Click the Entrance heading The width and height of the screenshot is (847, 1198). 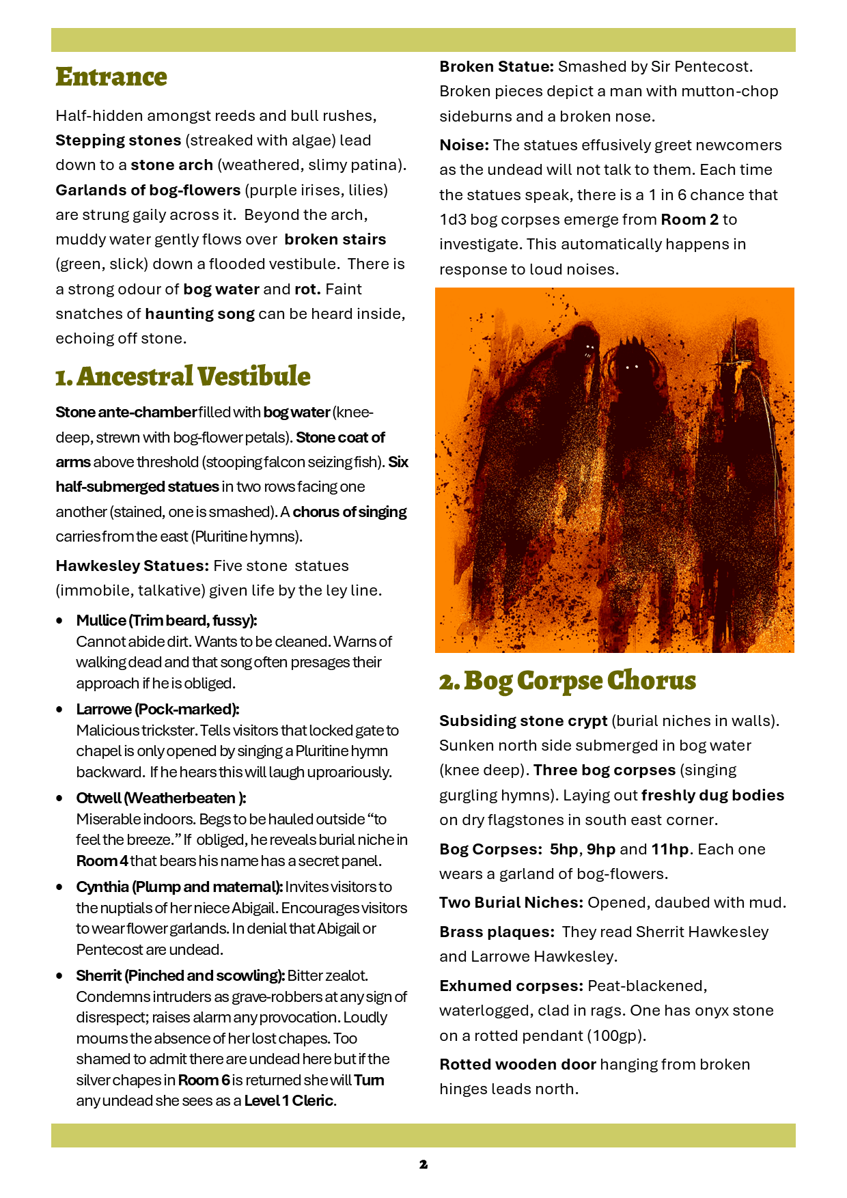[111, 77]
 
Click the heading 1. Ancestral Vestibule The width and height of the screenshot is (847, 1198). [183, 376]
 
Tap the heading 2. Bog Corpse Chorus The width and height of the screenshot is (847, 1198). [568, 681]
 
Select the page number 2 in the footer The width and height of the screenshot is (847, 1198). [423, 1165]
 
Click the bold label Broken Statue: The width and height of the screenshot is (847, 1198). [497, 67]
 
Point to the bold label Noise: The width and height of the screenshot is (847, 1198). [464, 145]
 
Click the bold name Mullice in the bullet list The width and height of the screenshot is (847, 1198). [101, 621]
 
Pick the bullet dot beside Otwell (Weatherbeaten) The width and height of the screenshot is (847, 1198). [60, 798]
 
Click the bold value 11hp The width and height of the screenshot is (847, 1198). [669, 850]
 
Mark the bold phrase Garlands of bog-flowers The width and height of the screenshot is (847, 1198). [148, 191]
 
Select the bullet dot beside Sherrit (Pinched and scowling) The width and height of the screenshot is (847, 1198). [60, 976]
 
